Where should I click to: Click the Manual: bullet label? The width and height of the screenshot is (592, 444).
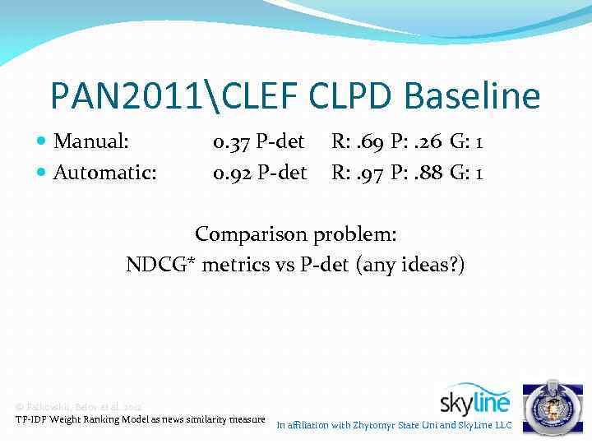(x=90, y=142)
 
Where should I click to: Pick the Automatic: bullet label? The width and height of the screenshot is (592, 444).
(x=105, y=173)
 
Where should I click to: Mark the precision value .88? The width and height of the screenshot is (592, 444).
(x=428, y=173)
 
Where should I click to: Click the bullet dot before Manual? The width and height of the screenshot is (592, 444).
(x=42, y=143)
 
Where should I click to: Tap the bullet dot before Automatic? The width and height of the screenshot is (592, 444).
(x=42, y=173)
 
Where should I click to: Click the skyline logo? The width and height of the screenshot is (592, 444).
(x=474, y=399)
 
